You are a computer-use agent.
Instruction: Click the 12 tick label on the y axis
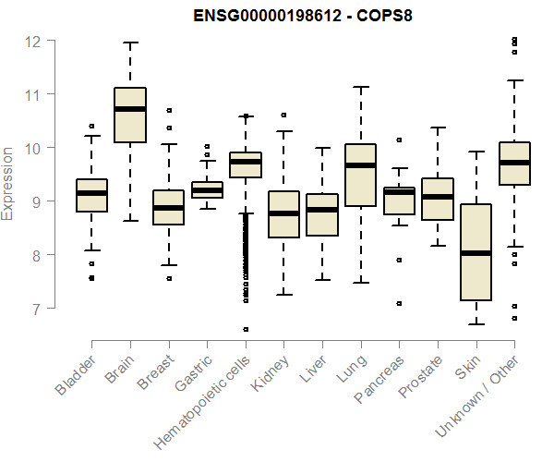click(34, 41)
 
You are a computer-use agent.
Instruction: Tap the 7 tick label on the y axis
click(36, 308)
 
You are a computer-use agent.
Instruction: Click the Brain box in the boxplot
click(130, 115)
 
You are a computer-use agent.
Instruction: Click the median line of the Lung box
click(360, 165)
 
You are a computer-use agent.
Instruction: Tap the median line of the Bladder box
click(91, 192)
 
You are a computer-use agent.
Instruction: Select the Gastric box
click(207, 189)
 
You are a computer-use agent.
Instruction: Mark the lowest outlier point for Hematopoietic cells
click(246, 329)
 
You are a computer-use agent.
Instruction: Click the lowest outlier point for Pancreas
click(399, 303)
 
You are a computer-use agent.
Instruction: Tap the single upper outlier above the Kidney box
click(283, 115)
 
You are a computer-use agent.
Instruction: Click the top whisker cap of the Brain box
click(130, 43)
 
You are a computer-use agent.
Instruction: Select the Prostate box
click(437, 199)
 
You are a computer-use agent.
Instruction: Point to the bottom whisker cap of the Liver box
click(322, 280)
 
